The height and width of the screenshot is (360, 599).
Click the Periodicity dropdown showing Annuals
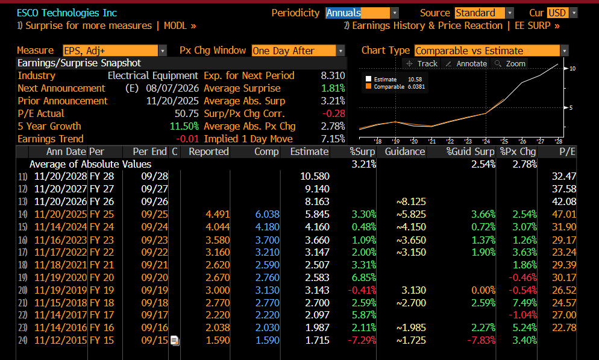pos(362,13)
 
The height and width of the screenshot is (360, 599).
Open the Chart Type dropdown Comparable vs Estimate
pos(491,51)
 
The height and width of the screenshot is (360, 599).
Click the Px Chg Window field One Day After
pos(298,51)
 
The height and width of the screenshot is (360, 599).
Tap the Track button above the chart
pos(422,63)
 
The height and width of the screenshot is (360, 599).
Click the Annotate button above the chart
pos(466,63)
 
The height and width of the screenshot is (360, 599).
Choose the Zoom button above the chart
pos(510,63)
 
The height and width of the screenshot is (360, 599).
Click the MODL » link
pos(180,25)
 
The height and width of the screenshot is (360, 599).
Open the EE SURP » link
pos(537,25)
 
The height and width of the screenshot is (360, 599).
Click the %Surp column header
pos(362,152)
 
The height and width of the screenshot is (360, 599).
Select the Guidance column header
pos(405,152)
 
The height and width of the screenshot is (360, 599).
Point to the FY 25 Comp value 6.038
pos(268,215)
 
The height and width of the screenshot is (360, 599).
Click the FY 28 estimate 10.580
pos(315,176)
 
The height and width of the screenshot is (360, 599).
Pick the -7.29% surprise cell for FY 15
pos(362,340)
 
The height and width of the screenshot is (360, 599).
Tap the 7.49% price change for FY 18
pos(524,303)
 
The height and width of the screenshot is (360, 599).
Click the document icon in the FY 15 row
pos(175,341)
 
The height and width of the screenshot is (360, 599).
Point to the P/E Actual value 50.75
pos(187,113)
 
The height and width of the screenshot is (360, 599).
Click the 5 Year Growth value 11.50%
pos(184,126)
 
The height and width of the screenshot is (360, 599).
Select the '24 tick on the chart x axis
pos(486,141)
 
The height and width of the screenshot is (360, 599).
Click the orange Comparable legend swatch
pos(368,86)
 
